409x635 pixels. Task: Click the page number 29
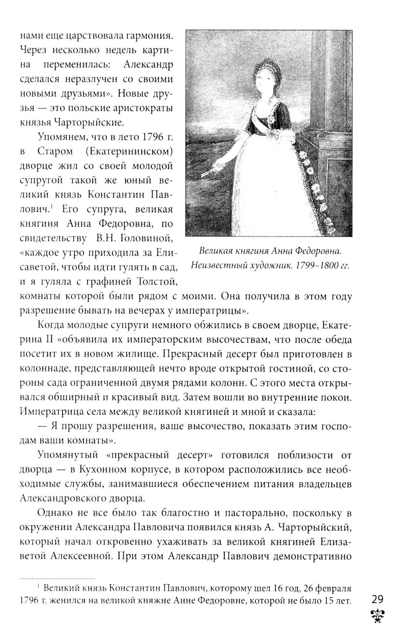(x=378, y=599)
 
